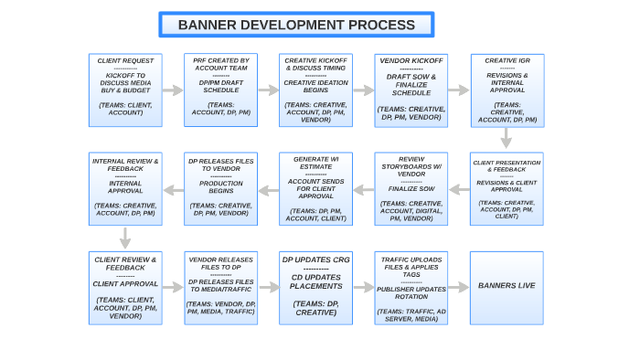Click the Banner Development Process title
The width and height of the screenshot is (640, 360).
pyautogui.click(x=296, y=25)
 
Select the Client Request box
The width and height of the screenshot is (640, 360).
pyautogui.click(x=125, y=90)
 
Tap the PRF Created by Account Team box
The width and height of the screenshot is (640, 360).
pyautogui.click(x=220, y=90)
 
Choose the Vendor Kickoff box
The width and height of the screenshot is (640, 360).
pyautogui.click(x=411, y=90)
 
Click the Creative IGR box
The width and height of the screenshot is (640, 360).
pyautogui.click(x=507, y=90)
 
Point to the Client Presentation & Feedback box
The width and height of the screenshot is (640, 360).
pyautogui.click(x=507, y=189)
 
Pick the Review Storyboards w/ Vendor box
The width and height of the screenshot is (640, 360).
pyautogui.click(x=411, y=189)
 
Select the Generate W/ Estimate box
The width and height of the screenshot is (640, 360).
pyautogui.click(x=315, y=189)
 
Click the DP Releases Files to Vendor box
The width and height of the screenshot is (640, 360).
pyautogui.click(x=220, y=189)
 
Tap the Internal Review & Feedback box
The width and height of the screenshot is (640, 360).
pyautogui.click(x=125, y=189)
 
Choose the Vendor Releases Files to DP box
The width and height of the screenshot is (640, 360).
pyautogui.click(x=220, y=288)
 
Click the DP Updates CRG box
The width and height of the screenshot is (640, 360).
pyautogui.click(x=315, y=288)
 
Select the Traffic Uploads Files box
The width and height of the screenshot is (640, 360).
pyautogui.click(x=411, y=288)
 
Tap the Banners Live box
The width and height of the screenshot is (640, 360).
pyautogui.click(x=507, y=286)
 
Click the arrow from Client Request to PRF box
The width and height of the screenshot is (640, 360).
pyautogui.click(x=173, y=90)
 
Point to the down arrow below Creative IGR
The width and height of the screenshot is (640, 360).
pyautogui.click(x=507, y=138)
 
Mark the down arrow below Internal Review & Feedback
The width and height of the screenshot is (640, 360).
pyautogui.click(x=125, y=238)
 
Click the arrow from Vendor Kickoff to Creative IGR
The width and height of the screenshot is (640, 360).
pyautogui.click(x=458, y=90)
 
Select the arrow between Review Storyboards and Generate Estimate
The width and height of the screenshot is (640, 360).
pyautogui.click(x=363, y=190)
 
